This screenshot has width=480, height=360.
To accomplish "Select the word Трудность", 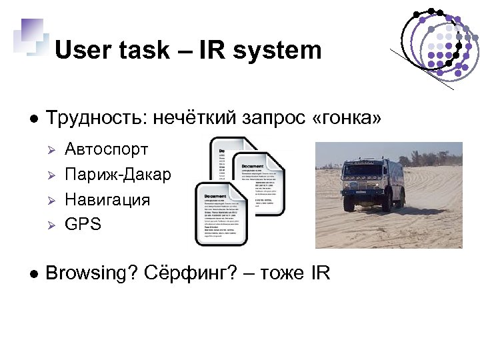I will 95,119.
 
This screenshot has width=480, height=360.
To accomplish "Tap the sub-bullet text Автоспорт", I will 107,149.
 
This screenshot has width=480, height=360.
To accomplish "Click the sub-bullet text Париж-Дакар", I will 118,174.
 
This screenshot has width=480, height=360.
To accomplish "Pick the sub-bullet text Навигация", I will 107,199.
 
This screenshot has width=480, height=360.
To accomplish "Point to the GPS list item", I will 83,225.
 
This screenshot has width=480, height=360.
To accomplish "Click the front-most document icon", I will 220,213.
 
